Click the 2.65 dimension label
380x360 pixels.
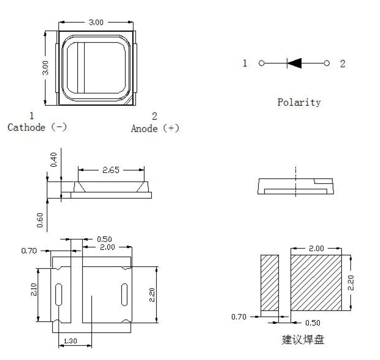(x=111, y=170)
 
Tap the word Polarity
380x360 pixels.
(x=299, y=102)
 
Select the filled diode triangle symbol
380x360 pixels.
(x=294, y=63)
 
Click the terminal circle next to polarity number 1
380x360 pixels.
(x=261, y=63)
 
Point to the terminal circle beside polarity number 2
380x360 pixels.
(x=327, y=63)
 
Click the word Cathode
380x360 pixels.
(x=26, y=127)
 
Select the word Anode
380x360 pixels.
(x=144, y=128)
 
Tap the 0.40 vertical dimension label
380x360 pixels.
(x=54, y=160)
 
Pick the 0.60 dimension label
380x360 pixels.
(x=40, y=220)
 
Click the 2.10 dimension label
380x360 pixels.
(x=34, y=290)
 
